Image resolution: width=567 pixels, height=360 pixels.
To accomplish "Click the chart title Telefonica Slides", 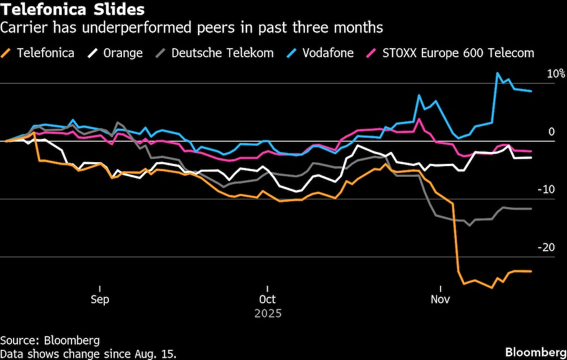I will pos(72,10).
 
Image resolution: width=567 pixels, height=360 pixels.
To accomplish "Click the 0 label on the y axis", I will pos(551,132).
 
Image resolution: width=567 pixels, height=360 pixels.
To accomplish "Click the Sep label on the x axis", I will pos(100,299).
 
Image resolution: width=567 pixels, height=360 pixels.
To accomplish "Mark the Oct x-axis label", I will pos(267,299).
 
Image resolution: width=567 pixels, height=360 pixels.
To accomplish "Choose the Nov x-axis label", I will pos(441,299).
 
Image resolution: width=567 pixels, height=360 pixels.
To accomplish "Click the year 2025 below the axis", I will pos(267,313).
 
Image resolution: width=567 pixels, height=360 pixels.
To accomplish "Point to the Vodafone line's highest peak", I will pos(498,73).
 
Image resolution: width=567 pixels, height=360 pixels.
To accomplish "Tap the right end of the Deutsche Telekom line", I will pos(531,209).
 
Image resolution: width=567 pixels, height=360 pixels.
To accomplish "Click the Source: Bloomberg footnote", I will pos(50,341).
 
